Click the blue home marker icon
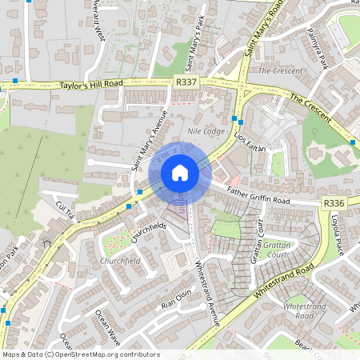(180, 173)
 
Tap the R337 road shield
(186, 81)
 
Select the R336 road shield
(334, 206)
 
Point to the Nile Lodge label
(206, 130)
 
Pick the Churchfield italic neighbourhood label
(119, 261)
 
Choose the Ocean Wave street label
(106, 327)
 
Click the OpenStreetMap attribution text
(81, 354)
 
